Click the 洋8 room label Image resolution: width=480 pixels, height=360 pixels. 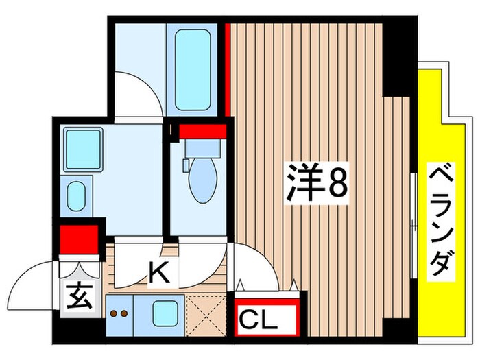pyautogui.click(x=317, y=183)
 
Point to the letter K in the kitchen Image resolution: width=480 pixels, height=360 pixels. pyautogui.click(x=158, y=274)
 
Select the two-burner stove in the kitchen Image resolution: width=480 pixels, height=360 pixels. pyautogui.click(x=119, y=313)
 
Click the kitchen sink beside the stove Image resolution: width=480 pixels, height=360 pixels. pyautogui.click(x=165, y=312)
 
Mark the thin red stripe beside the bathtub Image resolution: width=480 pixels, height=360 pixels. pyautogui.click(x=226, y=69)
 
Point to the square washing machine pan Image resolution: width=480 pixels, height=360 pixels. pyautogui.click(x=84, y=147)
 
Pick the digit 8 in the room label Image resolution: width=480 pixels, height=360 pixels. pyautogui.click(x=337, y=183)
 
